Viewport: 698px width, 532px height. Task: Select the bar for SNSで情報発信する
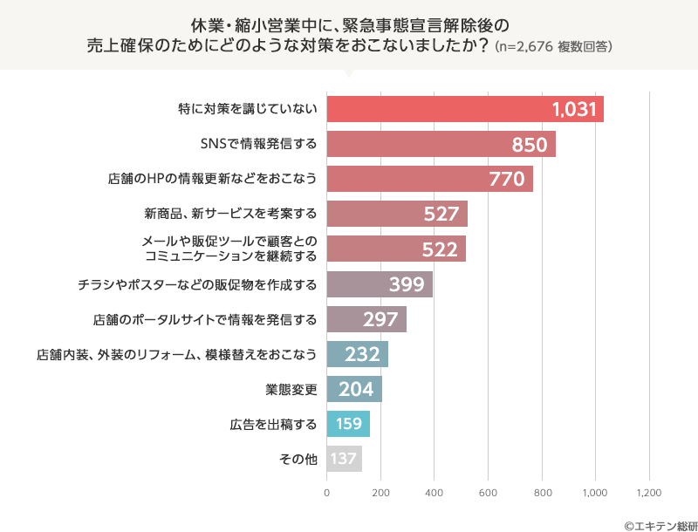(x=441, y=144)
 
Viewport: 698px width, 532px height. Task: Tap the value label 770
(x=506, y=180)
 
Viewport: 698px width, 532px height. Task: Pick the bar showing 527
(x=397, y=215)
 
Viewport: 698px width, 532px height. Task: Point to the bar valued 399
(x=380, y=284)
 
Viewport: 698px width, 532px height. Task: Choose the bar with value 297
(x=366, y=320)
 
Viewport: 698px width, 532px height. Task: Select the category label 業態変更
(x=291, y=390)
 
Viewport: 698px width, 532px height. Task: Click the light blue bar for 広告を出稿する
(x=348, y=425)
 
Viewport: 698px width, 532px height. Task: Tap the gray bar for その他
(x=344, y=460)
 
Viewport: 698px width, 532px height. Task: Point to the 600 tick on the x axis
(x=488, y=493)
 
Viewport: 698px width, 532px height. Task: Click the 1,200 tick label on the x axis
(x=649, y=493)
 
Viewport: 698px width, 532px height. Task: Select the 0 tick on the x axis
(x=327, y=493)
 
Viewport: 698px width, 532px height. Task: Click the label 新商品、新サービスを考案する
(x=230, y=215)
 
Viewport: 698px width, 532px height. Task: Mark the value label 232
(x=362, y=355)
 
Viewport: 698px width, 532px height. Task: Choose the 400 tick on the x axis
(x=435, y=493)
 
